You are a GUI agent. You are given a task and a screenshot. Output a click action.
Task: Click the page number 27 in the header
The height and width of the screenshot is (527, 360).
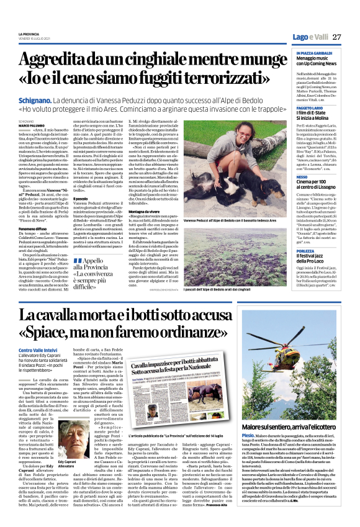(x=337, y=37)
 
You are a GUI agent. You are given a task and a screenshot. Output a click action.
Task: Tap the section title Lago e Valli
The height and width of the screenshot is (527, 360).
(x=310, y=37)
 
